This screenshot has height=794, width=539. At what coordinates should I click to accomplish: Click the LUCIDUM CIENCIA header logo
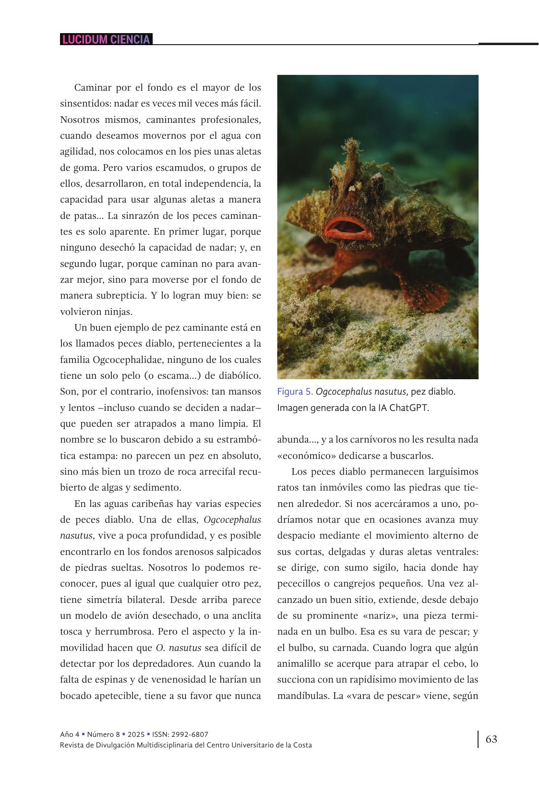(106, 39)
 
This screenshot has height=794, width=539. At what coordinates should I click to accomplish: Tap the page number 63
(491, 739)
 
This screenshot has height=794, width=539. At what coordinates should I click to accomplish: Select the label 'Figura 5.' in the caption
(295, 392)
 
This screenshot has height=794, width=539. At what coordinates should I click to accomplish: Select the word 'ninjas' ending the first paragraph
(118, 312)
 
